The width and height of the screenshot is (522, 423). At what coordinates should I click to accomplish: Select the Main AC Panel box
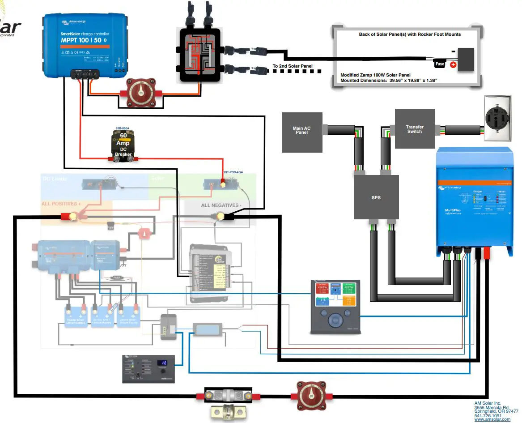point(301,132)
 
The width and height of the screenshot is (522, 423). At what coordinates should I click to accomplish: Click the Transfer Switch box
point(414,129)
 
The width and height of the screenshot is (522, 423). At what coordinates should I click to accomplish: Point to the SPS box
point(376,197)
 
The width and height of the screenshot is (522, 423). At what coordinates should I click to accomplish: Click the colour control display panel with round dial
point(335,307)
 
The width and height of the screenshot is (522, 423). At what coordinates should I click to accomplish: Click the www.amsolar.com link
point(492,419)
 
